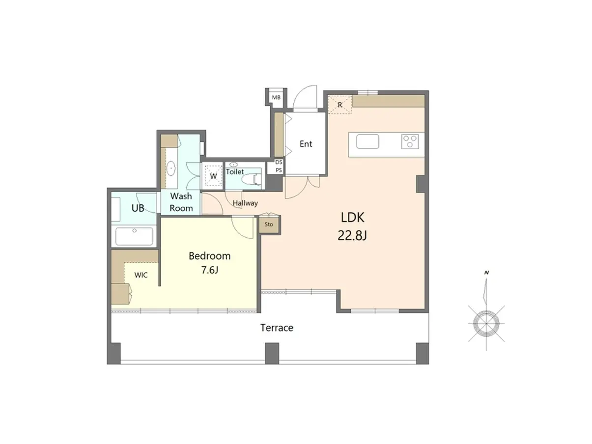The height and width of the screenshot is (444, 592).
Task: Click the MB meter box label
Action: (276, 97)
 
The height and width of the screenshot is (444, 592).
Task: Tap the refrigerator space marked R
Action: (340, 105)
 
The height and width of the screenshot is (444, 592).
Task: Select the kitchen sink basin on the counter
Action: (367, 141)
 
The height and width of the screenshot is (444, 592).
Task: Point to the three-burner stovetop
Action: (410, 141)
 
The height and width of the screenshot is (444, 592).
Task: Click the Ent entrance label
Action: (306, 144)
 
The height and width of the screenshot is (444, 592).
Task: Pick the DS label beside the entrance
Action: (279, 162)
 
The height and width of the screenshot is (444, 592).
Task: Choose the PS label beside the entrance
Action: (279, 170)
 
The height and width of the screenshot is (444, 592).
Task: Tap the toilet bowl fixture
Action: (253, 179)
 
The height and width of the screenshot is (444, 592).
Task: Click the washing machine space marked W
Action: (213, 176)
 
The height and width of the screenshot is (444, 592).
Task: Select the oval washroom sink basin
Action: (171, 168)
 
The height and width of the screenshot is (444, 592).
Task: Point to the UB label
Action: (138, 208)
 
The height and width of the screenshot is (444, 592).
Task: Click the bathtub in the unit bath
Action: (134, 236)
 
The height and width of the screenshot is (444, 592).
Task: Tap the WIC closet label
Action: (141, 275)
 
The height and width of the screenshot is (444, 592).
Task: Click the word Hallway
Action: (245, 203)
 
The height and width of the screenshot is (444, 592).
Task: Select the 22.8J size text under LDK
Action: (352, 236)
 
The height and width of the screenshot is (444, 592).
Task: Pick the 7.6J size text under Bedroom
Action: (210, 270)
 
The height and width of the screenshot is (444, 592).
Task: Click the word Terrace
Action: (277, 328)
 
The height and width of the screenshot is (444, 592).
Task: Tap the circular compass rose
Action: (486, 324)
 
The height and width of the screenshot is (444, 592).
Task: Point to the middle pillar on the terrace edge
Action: (272, 354)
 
